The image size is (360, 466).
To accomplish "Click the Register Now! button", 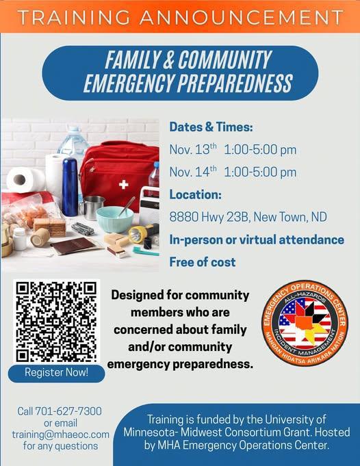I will (x=56, y=373).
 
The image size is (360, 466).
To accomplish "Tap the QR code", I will (x=57, y=320).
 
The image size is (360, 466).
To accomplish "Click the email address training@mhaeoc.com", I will (x=60, y=434).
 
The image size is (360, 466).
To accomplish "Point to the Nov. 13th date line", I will (x=233, y=149).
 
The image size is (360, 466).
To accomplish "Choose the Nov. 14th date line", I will (x=233, y=172).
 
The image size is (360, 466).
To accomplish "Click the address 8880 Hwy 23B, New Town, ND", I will (x=248, y=217).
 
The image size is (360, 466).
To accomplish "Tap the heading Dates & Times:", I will (x=211, y=127).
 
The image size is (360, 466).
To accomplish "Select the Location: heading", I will (x=195, y=194).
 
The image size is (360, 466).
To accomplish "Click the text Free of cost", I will (x=203, y=261).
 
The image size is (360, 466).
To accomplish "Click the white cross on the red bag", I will (x=123, y=184).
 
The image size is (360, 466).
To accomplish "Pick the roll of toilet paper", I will (x=25, y=179).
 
